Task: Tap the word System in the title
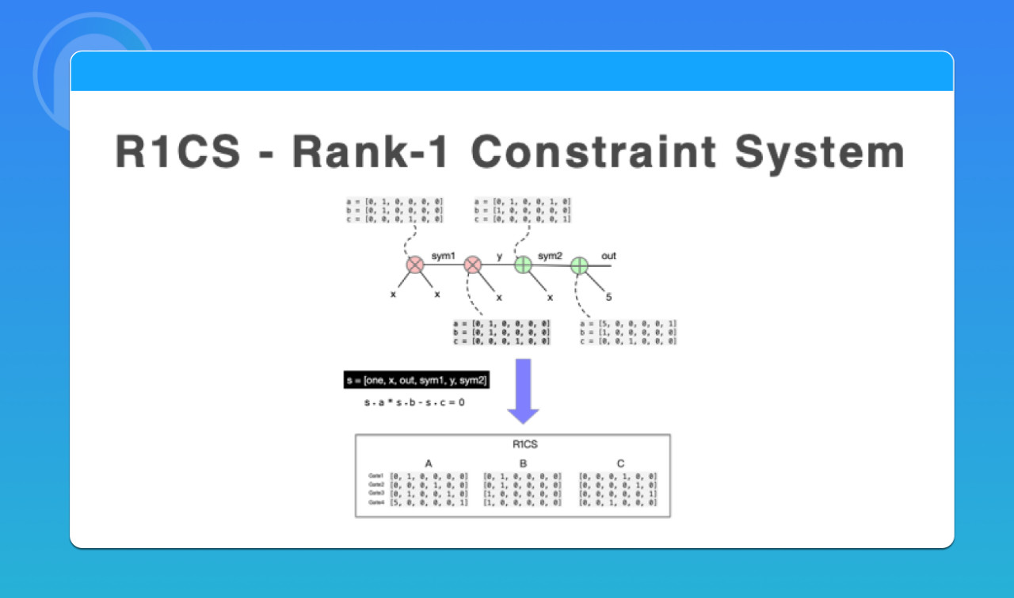(824, 152)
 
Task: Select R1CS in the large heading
(178, 152)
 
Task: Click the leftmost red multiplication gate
(415, 265)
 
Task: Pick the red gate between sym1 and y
(473, 265)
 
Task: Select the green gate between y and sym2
(523, 265)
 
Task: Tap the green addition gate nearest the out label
(579, 265)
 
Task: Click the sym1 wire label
(444, 256)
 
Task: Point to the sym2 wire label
(550, 256)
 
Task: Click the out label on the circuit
(608, 256)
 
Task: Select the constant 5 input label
(608, 298)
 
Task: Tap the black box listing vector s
(417, 380)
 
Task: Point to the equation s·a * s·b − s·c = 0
(414, 402)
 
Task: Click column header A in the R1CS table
(429, 463)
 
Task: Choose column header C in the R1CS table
(619, 463)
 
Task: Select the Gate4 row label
(375, 502)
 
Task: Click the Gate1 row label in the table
(375, 476)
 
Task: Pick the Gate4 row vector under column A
(429, 502)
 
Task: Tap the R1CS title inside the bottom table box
(524, 444)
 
